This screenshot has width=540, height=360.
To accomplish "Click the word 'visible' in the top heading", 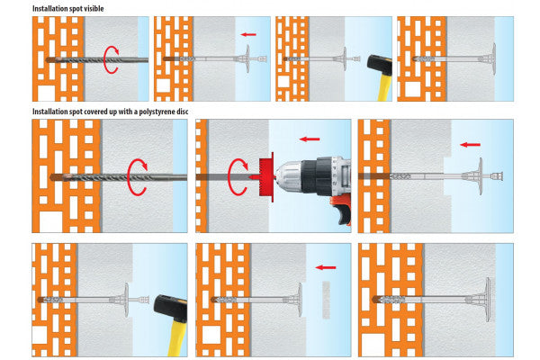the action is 94,8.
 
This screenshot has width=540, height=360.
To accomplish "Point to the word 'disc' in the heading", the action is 182,112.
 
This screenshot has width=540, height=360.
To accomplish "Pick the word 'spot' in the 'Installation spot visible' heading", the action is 75,9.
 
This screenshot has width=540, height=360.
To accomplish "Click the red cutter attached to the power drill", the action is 266,176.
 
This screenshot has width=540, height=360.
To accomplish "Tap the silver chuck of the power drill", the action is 288,176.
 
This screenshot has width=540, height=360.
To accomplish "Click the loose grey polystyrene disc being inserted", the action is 326,300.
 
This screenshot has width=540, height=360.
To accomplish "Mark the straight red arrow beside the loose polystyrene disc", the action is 326,267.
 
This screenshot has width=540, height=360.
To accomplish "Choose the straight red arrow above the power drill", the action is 310,139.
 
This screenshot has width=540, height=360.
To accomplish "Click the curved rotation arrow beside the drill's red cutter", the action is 238,176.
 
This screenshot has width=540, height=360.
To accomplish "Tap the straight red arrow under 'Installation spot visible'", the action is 248,34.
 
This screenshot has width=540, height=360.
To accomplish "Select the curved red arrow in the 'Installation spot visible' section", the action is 111,60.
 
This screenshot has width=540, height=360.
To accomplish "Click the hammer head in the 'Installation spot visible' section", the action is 380,66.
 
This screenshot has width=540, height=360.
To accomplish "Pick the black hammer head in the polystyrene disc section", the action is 170,308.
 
